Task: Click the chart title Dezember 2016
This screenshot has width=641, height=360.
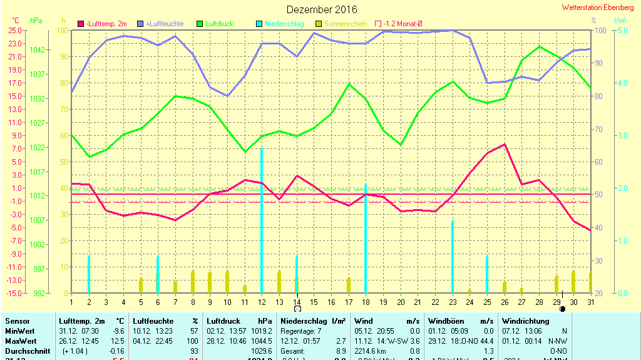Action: point(322,9)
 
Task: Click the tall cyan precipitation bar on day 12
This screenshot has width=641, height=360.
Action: point(261,219)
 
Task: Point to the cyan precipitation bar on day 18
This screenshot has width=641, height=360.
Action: point(366,238)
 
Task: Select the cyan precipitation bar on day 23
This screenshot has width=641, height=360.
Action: point(453,257)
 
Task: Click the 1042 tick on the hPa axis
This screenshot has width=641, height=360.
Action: point(38,49)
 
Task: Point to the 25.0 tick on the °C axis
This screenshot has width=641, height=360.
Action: point(16,30)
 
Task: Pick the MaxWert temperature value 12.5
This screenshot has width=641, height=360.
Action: point(118,341)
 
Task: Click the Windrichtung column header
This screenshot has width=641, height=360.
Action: point(525,321)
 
